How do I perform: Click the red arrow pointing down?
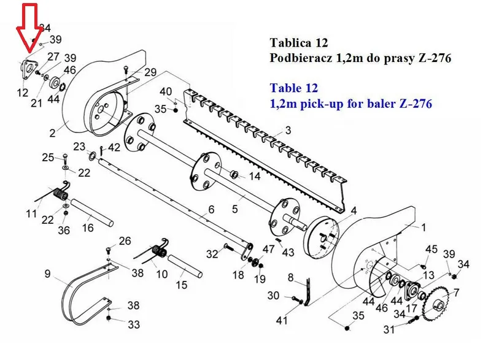[29, 28]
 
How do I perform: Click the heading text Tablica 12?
[298, 43]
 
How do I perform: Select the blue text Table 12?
[294, 88]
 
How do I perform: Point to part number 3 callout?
[288, 130]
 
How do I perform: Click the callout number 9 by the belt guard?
[47, 274]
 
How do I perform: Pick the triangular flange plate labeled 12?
[29, 70]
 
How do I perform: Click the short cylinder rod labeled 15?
[185, 266]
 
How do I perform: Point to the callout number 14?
[255, 176]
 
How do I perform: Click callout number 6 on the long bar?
[211, 210]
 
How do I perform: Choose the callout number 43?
[288, 253]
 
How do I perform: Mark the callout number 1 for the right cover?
[424, 228]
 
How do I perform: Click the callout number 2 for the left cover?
[53, 133]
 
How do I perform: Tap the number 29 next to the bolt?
[150, 72]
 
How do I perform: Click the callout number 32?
[212, 254]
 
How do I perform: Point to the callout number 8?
[290, 277]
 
